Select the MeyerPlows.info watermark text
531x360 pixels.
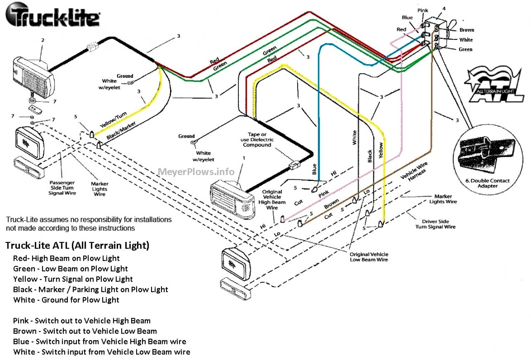pos(196,172)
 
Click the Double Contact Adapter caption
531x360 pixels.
pos(488,183)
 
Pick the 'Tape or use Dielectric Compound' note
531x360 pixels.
pos(257,140)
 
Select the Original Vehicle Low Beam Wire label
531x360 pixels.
pos(369,257)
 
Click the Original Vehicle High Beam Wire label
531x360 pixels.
pos(272,199)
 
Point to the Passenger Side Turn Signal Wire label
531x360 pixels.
pos(62,187)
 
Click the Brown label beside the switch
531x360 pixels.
pos(467,30)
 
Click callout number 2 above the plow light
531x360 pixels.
pos(42,40)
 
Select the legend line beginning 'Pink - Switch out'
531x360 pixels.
pos(82,321)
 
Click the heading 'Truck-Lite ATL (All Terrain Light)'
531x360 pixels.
pos(77,245)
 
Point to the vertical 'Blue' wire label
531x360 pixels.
pos(314,169)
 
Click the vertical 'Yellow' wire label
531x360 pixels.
pos(381,151)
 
